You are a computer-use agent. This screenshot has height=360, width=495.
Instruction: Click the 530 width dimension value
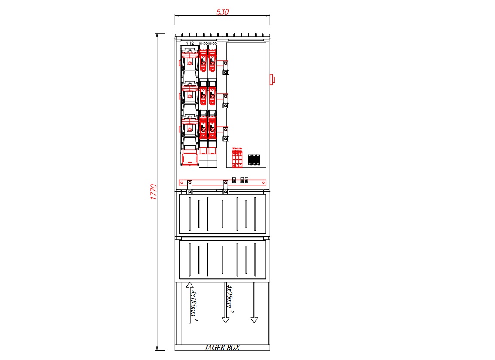point(222,12)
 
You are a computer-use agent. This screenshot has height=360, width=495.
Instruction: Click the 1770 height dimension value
point(154,192)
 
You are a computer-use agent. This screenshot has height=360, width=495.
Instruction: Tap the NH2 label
point(189,44)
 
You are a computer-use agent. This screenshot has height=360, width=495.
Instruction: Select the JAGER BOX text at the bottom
point(222,348)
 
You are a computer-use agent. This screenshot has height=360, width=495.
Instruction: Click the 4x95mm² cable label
point(230,299)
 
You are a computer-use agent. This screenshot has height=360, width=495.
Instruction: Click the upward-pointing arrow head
point(189,285)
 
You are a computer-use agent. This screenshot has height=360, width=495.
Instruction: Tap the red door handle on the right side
point(272,79)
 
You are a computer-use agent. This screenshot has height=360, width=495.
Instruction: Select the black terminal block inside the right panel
point(254,159)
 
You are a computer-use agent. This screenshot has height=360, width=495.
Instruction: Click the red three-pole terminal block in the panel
point(237,159)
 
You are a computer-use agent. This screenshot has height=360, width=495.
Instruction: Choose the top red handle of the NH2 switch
point(189,55)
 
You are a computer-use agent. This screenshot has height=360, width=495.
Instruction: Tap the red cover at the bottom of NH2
point(189,156)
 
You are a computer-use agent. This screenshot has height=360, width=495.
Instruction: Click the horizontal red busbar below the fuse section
point(222,182)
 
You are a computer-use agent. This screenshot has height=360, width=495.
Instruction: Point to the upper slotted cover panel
point(222,214)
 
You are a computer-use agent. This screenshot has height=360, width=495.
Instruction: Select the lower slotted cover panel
point(222,259)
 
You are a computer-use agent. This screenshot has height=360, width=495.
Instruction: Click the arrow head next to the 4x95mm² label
point(225,320)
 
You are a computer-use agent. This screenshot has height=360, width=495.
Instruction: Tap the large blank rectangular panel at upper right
point(246,95)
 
